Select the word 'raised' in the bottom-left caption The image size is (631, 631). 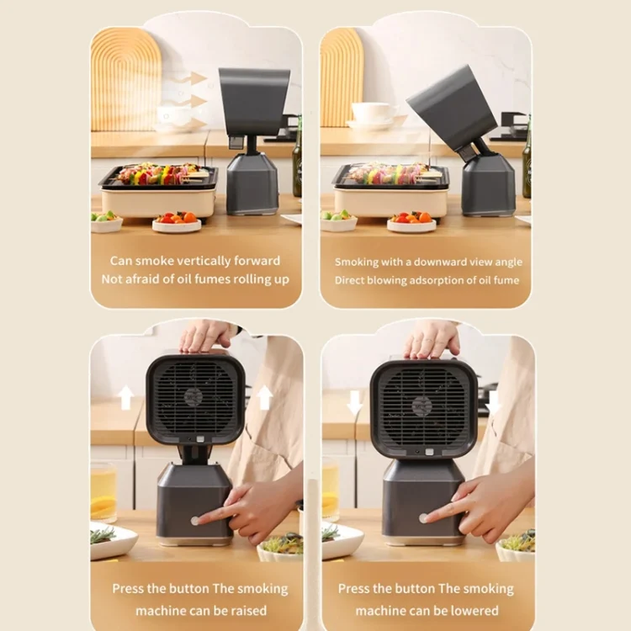[x=249, y=611]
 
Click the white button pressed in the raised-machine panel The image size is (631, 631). [x=195, y=521]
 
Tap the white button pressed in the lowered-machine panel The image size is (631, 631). [x=423, y=518]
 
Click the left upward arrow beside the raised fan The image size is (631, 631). [x=126, y=397]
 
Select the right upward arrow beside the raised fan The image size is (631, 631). [x=265, y=397]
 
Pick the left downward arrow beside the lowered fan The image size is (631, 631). [x=355, y=403]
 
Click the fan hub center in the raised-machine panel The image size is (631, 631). [x=194, y=397]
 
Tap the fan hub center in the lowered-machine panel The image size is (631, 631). [x=422, y=406]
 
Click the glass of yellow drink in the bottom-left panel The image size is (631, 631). [x=103, y=492]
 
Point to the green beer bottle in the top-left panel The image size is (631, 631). [x=297, y=157]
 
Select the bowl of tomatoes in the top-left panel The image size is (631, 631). [x=177, y=222]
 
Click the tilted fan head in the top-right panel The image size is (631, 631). [x=452, y=108]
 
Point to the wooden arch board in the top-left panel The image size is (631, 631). [x=126, y=80]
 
